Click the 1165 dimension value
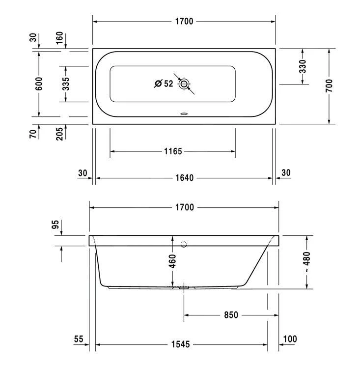click(173, 151)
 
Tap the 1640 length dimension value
click(185, 178)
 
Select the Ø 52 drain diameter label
click(164, 84)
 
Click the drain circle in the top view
click(184, 84)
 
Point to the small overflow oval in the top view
click(184, 114)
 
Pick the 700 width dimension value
click(330, 85)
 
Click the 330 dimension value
click(303, 66)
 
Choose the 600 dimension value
click(39, 84)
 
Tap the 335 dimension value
click(66, 84)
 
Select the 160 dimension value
click(59, 38)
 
